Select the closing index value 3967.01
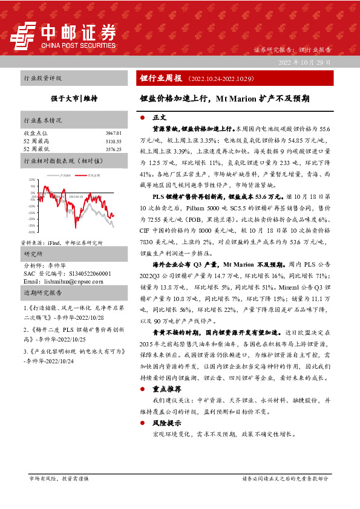pos(113,132)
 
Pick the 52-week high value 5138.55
pos(113,140)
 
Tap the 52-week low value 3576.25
pos(113,148)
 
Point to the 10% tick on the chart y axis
pos(32,180)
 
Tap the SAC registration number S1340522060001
pos(82,273)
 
